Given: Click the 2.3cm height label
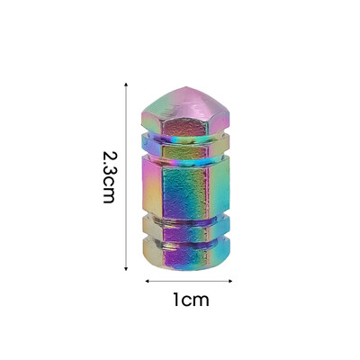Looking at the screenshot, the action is coord(109,177).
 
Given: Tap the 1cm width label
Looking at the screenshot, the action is coord(191,300).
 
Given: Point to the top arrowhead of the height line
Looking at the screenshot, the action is coord(126,85).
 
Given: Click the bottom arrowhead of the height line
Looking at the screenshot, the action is coord(126,268).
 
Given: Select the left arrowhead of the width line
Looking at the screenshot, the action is coord(148,281).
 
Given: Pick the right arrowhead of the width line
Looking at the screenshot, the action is coord(230,281).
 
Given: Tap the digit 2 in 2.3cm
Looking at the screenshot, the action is coord(109,156).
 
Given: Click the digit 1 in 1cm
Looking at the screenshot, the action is coord(176,300).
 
